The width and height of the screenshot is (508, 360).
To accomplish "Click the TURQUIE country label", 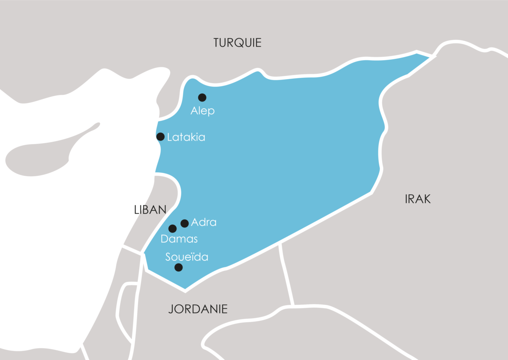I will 237,43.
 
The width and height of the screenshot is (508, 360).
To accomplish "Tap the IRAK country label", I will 417,199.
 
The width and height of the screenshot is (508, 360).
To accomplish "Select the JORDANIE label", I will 198,309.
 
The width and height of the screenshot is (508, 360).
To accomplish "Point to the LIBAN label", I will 150,210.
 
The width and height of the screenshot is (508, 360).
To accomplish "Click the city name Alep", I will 202,111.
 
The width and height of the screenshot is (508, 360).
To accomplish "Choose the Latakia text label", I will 186,137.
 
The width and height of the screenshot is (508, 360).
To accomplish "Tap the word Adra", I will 204,222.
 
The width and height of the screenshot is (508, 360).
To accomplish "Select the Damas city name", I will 179,239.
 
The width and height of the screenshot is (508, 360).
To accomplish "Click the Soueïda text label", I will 187,257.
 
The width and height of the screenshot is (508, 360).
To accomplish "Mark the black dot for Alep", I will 202,97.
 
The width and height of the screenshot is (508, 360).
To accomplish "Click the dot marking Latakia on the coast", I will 160,136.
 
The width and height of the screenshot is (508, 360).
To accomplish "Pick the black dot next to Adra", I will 185,223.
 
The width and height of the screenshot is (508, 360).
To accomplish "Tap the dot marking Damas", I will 172,229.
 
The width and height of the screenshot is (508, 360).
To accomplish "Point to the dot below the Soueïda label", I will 179,267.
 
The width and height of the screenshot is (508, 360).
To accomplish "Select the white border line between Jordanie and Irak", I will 287,275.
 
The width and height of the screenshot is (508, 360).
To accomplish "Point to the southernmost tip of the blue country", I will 185,290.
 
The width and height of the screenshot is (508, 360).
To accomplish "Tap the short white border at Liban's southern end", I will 131,250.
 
